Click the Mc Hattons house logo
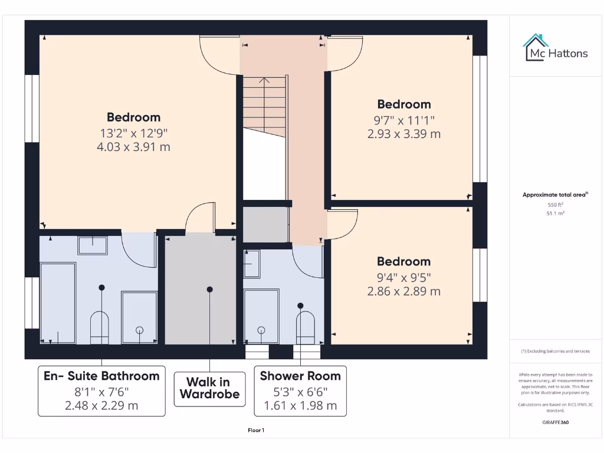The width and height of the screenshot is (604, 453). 535,47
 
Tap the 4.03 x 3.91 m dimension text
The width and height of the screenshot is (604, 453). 133,147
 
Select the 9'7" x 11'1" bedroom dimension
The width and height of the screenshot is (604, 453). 404,120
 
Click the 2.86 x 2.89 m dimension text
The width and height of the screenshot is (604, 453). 403,291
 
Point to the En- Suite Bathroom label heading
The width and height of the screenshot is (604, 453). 101,376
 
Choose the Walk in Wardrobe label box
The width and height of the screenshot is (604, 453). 209,389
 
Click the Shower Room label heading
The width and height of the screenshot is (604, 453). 300,376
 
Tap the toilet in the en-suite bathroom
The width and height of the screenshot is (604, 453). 99,327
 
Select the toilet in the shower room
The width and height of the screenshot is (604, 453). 306,327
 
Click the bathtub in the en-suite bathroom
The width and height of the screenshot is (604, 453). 58,303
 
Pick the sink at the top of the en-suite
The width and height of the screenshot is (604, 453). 93,246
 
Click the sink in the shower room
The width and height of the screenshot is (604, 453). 252,264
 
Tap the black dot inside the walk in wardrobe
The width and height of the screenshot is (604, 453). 209,289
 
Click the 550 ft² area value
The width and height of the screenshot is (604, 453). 556,205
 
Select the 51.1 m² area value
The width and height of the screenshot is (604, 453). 556,213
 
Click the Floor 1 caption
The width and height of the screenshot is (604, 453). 256,430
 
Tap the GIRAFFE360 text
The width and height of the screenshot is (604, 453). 556,422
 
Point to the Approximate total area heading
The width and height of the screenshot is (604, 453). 555,195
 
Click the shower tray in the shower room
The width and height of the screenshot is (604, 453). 261,316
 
